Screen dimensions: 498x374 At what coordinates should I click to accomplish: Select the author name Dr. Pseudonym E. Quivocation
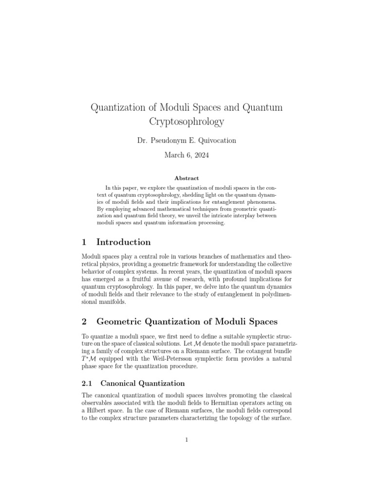(x=187, y=141)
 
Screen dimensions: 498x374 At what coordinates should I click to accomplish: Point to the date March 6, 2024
(x=187, y=156)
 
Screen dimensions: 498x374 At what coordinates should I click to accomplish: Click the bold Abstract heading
(x=187, y=178)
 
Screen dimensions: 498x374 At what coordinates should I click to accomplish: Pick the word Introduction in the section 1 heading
(x=124, y=242)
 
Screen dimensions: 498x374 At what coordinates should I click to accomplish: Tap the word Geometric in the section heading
(x=122, y=321)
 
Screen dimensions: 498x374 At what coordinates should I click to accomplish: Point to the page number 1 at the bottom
(x=187, y=440)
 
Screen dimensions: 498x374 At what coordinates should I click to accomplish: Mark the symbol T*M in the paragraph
(x=87, y=359)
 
